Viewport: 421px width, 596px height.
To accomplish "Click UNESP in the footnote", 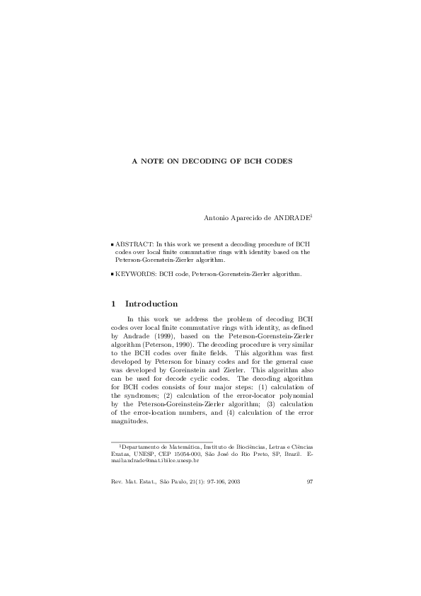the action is [x=138, y=454].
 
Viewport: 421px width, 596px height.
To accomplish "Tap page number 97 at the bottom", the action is [x=310, y=482].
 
